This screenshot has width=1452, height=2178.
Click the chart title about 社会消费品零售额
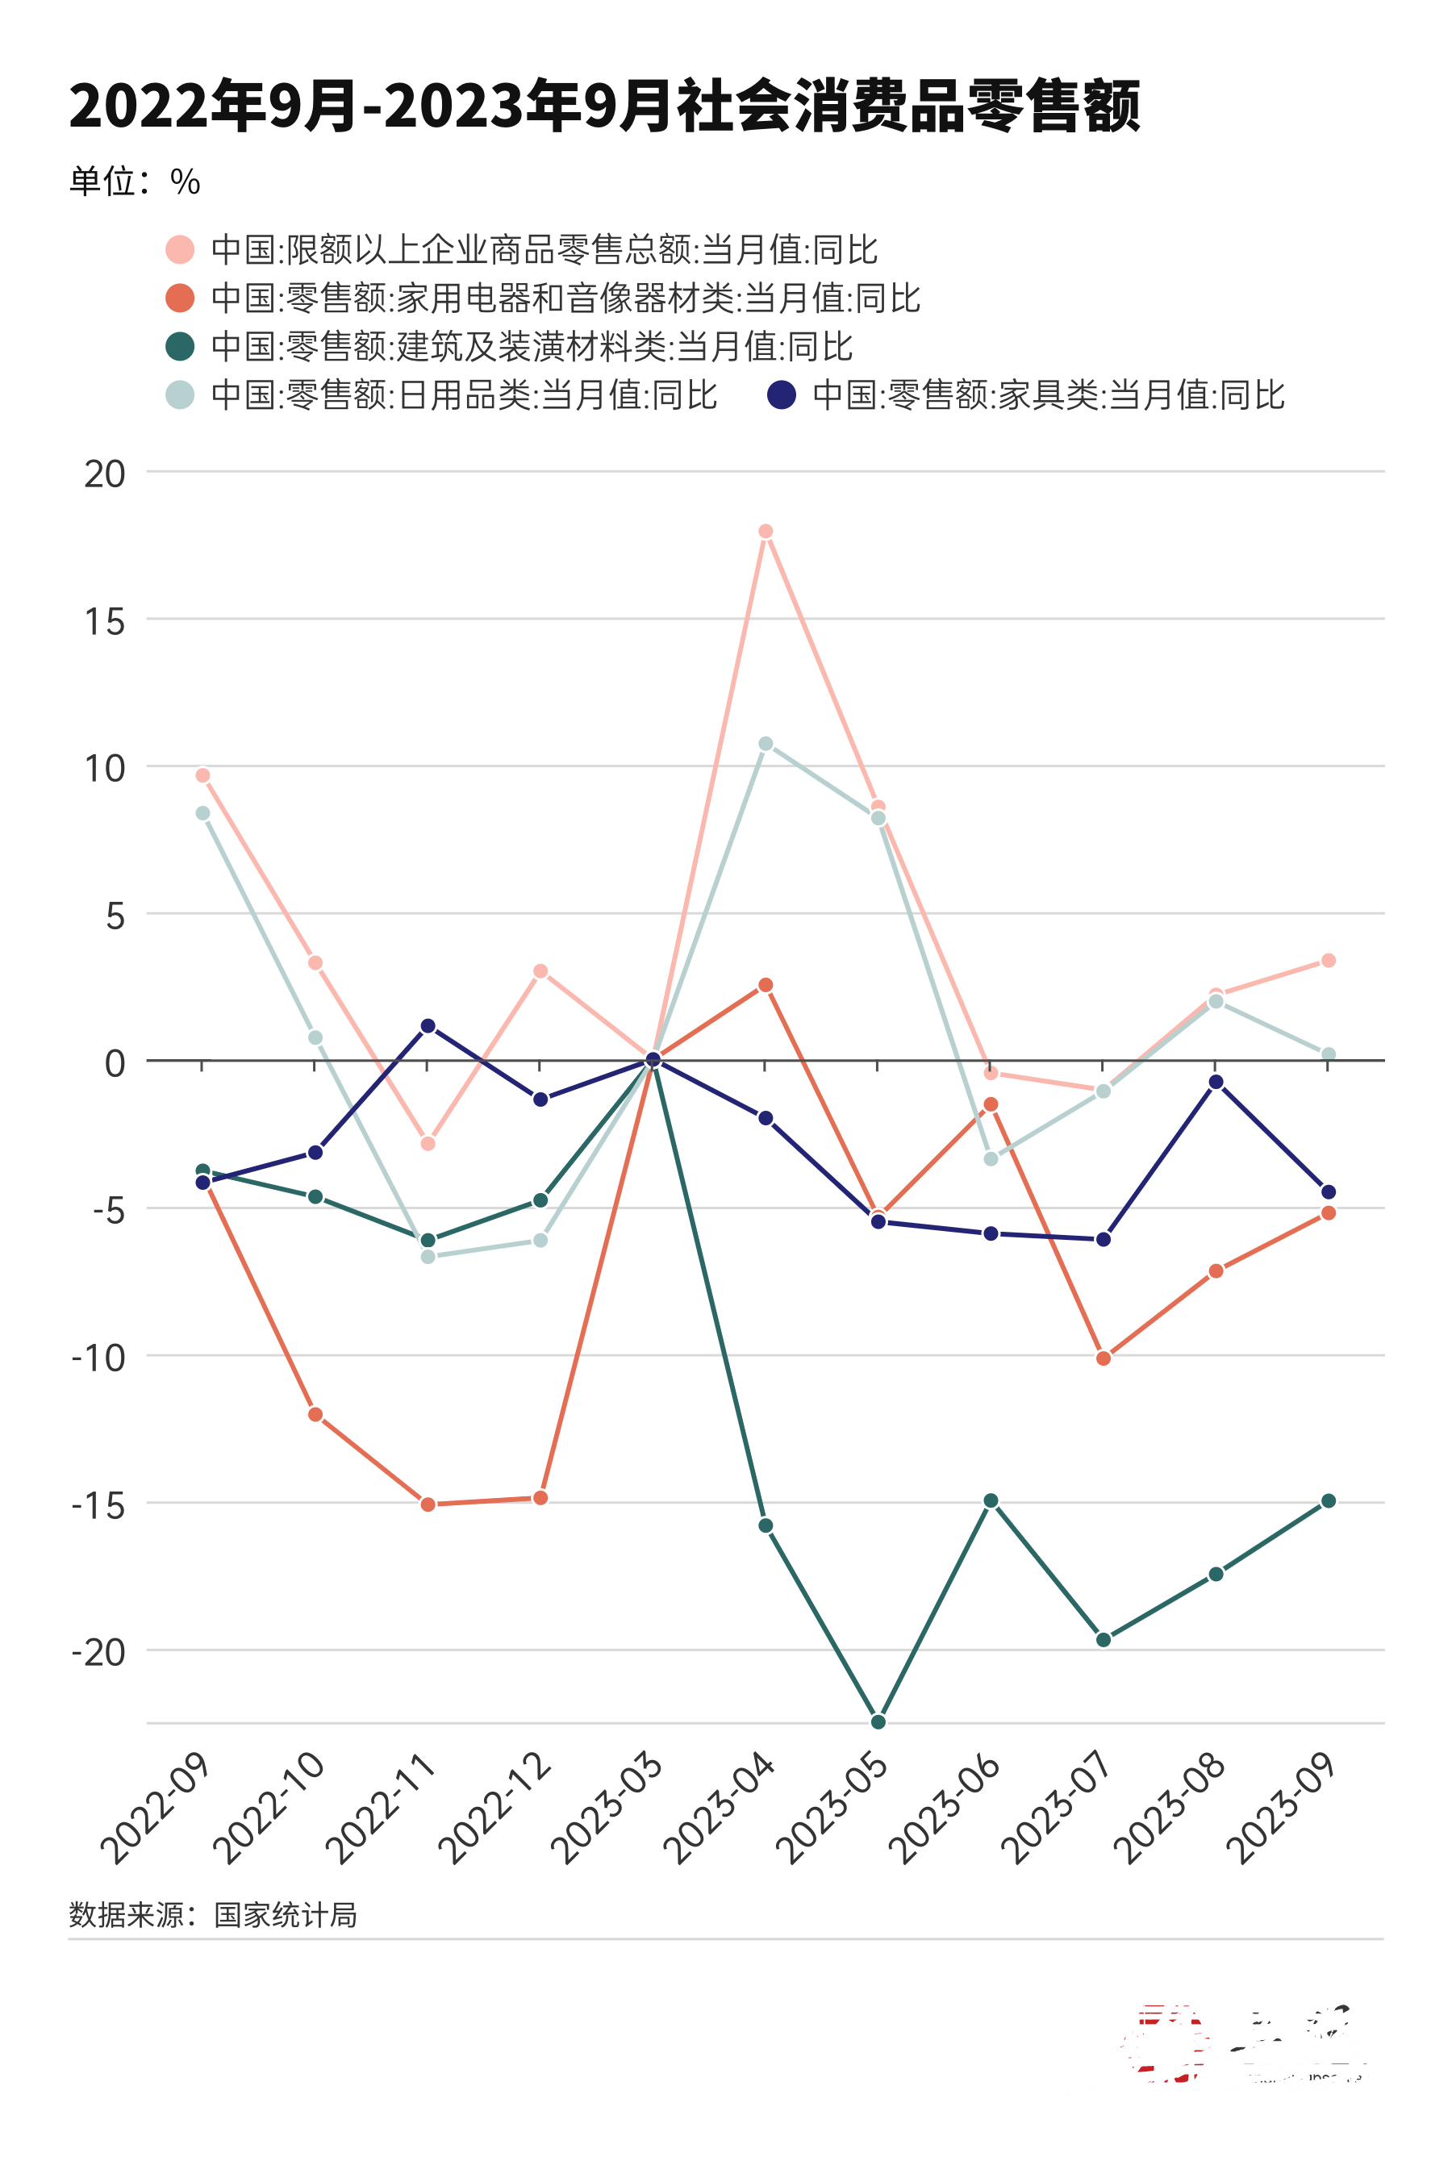tap(603, 106)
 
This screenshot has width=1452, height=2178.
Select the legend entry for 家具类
tap(1026, 395)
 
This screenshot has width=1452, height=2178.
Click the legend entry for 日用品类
tap(442, 395)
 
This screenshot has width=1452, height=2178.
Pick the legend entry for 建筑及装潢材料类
tap(508, 347)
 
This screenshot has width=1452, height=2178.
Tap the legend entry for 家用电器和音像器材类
tap(543, 298)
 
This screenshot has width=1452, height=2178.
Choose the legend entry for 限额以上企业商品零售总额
tap(521, 250)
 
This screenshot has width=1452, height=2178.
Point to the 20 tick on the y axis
tap(105, 474)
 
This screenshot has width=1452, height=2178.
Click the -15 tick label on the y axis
tap(98, 1506)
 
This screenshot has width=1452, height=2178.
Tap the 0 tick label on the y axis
tap(115, 1063)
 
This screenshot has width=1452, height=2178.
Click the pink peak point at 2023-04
tap(766, 532)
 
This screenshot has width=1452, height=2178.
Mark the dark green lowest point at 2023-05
tap(878, 1721)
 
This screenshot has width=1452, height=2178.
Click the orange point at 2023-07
tap(1103, 1358)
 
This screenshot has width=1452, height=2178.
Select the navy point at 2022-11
tap(428, 1026)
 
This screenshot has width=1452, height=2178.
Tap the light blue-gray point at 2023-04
tap(766, 744)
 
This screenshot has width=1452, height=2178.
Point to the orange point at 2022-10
tap(315, 1414)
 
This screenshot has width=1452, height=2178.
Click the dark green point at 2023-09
tap(1328, 1501)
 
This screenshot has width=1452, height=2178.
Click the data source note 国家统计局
tap(213, 1915)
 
